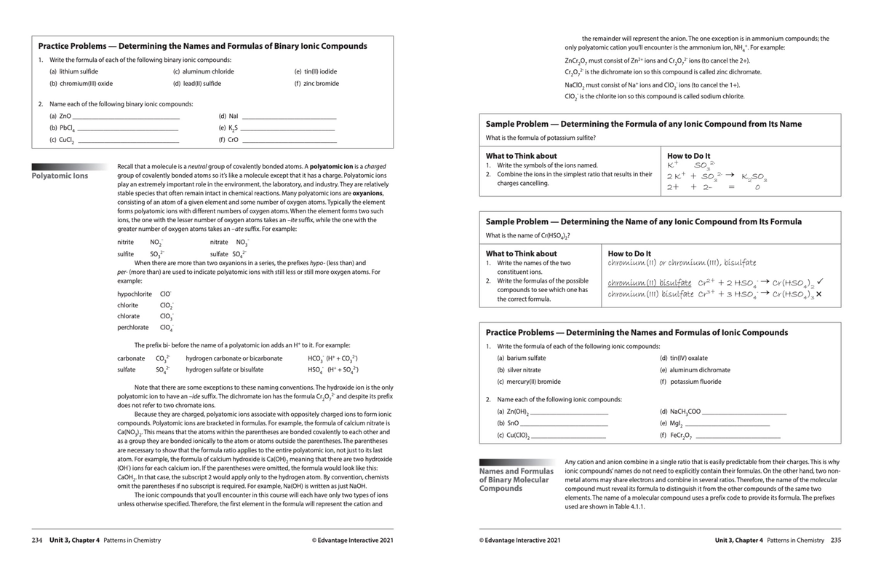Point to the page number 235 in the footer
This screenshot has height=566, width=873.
coord(836,540)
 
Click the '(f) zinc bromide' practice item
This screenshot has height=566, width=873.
coord(316,84)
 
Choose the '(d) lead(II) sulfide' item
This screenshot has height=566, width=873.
coord(196,84)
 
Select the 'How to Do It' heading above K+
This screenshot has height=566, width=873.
coord(689,156)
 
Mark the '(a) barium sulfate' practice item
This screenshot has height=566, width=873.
coord(521,358)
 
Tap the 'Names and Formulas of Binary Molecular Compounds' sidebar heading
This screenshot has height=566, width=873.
coord(514,481)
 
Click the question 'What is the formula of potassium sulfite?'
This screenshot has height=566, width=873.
coord(541,138)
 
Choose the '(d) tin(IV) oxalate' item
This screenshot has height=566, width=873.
coord(683,358)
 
